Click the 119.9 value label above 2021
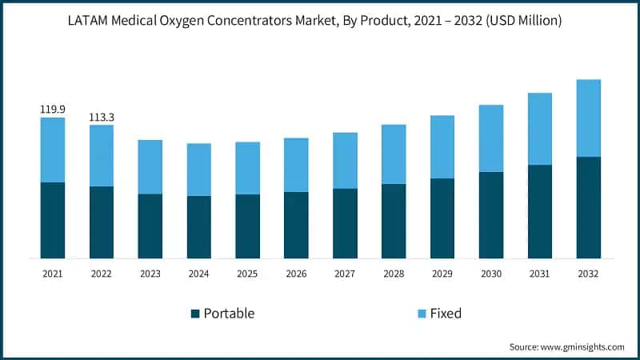tap(53, 109)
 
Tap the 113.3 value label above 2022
tap(102, 117)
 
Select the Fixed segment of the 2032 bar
tap(588, 118)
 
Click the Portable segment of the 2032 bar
tap(588, 207)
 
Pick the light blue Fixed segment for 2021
tap(53, 150)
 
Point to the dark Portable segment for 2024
tap(199, 227)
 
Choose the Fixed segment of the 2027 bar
tap(345, 160)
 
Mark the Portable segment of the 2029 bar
tap(442, 218)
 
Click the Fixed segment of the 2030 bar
tap(491, 138)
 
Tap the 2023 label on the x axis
tap(150, 274)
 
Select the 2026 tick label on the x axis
tap(296, 274)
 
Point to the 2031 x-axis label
tap(539, 274)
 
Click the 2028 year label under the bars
tap(394, 274)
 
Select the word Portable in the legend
tap(229, 314)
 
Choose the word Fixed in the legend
tap(446, 314)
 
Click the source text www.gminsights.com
tap(582, 347)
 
